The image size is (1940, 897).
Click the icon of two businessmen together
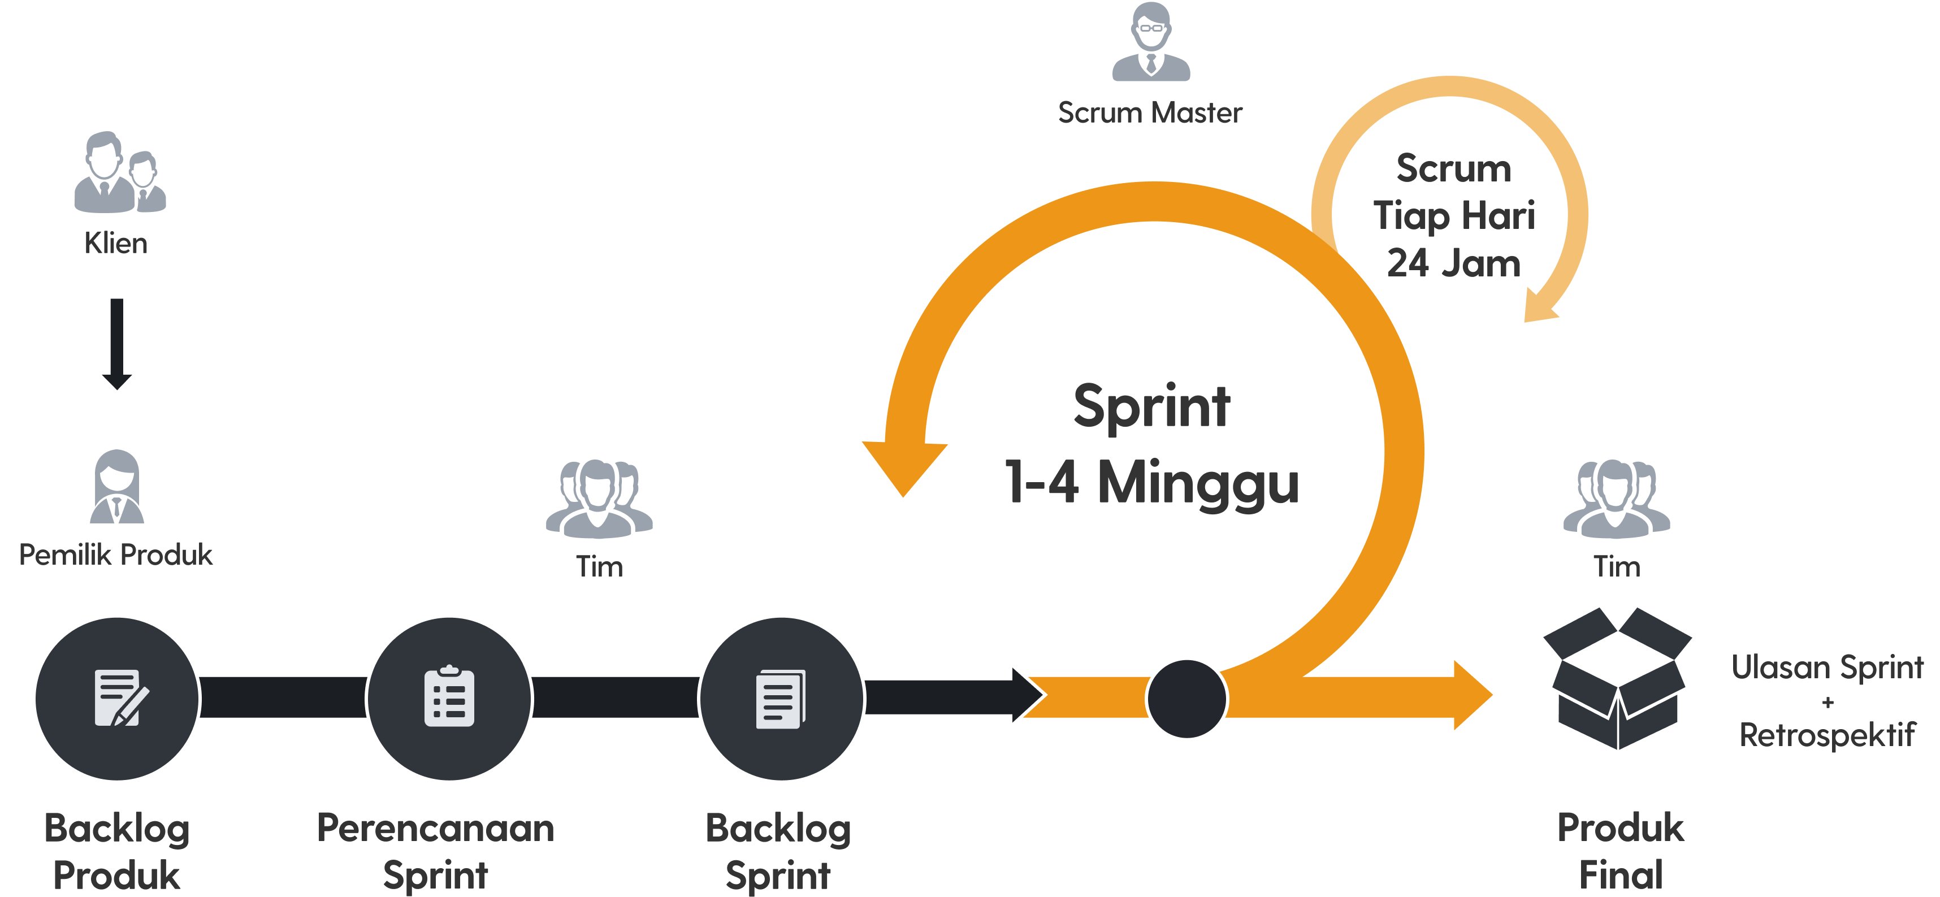coord(120,173)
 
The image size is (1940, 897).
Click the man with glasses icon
coord(1151,41)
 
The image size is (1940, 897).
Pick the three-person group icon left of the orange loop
coord(599,499)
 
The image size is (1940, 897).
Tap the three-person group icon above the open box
coord(1616,499)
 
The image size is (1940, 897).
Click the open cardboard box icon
coord(1617,678)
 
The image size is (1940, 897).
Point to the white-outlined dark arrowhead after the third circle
coord(1027,695)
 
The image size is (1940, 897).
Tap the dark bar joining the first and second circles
coord(283,697)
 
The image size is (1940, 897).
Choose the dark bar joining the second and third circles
coord(615,697)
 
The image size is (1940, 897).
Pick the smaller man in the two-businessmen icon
coord(145,183)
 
